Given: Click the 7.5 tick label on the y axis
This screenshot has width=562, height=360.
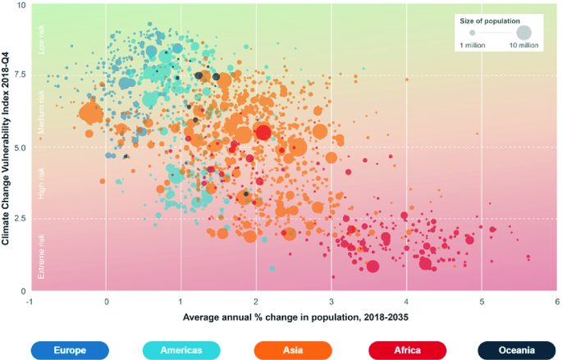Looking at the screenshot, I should point(18,75).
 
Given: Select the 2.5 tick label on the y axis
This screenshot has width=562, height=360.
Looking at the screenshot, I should point(18,218).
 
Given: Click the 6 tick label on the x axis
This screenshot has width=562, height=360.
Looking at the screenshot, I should point(556,301).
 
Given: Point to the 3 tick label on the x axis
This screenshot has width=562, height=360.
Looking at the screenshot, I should point(331,301).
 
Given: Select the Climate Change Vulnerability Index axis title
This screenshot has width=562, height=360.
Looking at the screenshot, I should point(6,148).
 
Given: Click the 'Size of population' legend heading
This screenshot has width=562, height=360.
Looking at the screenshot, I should point(489,20).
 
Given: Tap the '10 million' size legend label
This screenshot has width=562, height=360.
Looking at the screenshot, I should point(523,46).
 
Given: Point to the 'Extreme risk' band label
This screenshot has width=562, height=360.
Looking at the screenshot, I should point(43,256).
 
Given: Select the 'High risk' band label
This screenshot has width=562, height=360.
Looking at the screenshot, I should point(43,185).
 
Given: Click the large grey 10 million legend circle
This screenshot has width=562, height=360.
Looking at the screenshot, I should point(523,33).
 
